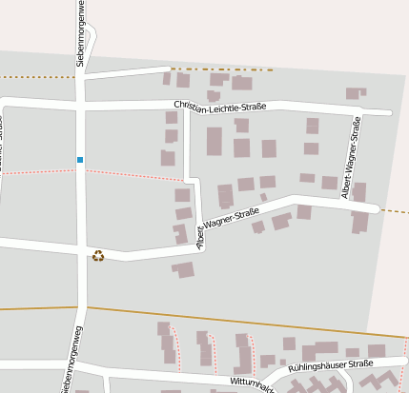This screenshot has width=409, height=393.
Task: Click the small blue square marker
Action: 80,159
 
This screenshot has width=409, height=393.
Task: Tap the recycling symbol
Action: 98,255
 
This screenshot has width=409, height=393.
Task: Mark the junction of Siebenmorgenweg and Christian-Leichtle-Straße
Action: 80,99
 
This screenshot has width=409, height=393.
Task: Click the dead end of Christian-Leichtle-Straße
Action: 390,113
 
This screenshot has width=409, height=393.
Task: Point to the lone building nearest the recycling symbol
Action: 184,270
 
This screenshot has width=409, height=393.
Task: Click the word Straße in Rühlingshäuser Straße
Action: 359,364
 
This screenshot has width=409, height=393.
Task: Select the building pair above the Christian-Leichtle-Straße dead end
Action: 356,92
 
